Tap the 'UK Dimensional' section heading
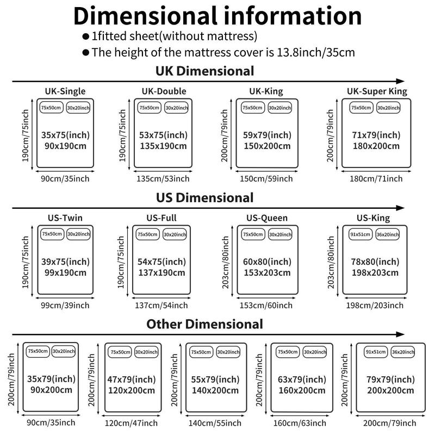point(204,71)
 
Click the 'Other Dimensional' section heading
point(204,325)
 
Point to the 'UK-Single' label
point(65,91)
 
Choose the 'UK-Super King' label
point(377,91)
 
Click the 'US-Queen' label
point(267,218)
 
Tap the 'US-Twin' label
point(65,218)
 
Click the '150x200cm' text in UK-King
point(268,146)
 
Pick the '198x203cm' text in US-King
point(375,272)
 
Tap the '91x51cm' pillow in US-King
point(360,234)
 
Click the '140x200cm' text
point(215,390)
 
